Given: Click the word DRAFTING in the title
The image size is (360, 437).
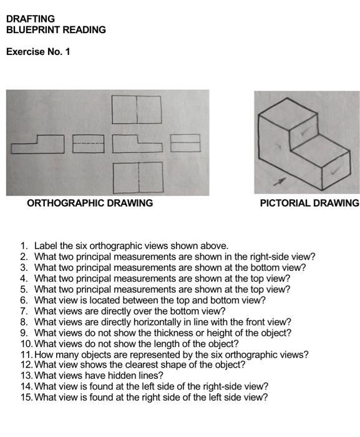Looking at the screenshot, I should (x=31, y=19).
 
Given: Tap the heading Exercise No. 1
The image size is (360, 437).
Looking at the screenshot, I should (x=38, y=51).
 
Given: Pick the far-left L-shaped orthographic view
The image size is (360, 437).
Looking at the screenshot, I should (x=37, y=144).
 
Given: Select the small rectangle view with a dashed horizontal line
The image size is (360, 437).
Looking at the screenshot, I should (x=88, y=144).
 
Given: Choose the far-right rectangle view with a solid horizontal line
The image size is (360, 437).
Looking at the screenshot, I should (x=185, y=143).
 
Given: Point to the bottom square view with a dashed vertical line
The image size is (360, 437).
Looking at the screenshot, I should (x=138, y=177).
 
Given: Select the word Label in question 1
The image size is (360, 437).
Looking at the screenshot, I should (x=46, y=246).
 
